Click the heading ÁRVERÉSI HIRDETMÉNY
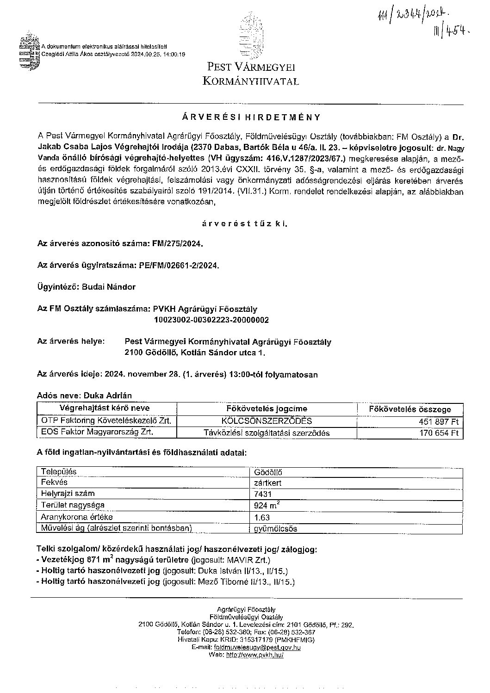pos(250,117)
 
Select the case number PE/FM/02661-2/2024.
pos(179,266)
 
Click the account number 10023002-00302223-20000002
pos(211,320)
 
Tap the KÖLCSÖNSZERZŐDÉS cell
pos(267,421)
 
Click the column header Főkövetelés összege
pos(410,409)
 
